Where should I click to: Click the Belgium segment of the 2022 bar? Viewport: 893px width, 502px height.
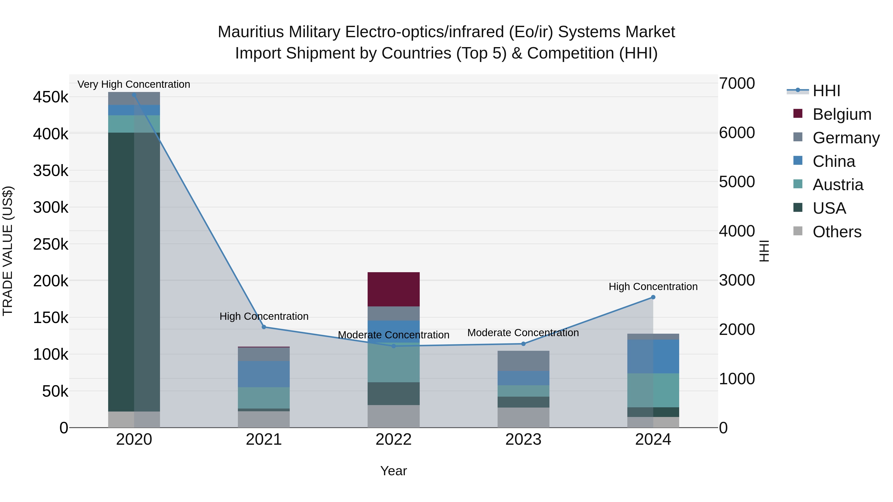pos(393,289)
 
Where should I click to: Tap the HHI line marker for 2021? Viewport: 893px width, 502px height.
pos(264,327)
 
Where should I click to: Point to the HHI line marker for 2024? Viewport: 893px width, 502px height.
pos(653,297)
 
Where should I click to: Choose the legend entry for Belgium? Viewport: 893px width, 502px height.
pos(842,114)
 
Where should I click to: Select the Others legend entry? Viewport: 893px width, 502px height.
pos(837,232)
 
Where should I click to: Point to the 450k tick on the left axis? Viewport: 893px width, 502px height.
pos(51,97)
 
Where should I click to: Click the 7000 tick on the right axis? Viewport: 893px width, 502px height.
pos(737,84)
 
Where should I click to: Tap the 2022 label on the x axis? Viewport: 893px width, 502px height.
pos(393,440)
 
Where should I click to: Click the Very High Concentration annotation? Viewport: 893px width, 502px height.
pos(134,84)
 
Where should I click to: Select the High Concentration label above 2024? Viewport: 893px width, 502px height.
pos(653,287)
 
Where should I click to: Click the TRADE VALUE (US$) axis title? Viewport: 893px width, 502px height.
pos(8,251)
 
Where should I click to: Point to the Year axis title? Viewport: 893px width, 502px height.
pos(393,471)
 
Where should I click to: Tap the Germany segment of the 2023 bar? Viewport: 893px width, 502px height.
pos(523,361)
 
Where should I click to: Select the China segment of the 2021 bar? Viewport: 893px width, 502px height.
pos(264,374)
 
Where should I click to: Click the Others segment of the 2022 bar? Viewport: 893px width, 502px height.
pos(393,416)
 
